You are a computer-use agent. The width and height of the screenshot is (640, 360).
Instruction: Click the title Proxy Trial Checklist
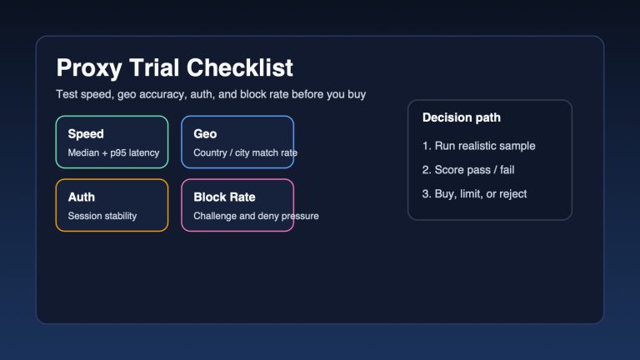(x=174, y=67)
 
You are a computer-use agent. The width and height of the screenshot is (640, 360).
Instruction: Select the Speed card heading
(x=86, y=133)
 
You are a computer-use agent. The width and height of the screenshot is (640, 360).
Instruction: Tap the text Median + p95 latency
(x=113, y=152)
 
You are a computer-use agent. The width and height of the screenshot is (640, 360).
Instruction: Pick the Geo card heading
(x=205, y=133)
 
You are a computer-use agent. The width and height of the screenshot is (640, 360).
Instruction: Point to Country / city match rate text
(x=245, y=152)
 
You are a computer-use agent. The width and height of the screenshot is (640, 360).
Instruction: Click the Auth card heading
(x=82, y=197)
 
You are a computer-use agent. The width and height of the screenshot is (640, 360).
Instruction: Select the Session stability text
(x=102, y=216)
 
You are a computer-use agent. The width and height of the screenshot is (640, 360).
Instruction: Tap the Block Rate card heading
(x=224, y=197)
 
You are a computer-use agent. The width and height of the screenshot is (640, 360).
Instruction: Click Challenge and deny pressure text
(x=256, y=216)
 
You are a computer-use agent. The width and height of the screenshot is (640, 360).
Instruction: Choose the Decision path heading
(x=462, y=117)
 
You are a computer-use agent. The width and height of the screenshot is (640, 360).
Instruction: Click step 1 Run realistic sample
(x=479, y=146)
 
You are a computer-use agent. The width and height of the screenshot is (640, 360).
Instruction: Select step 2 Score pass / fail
(x=475, y=170)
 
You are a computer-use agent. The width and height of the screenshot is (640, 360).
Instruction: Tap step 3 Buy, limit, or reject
(x=475, y=193)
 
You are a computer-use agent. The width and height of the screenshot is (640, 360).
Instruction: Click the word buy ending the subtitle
(x=356, y=94)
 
